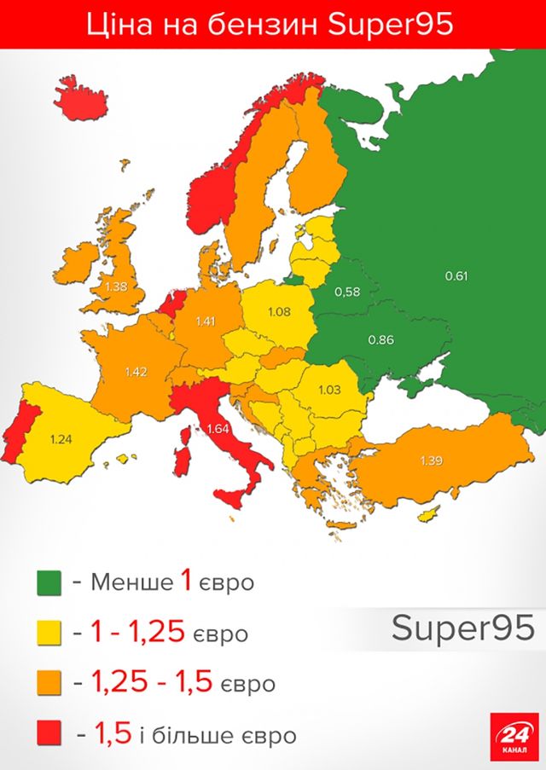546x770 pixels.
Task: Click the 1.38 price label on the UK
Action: click(115, 287)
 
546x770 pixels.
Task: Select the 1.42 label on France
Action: click(136, 372)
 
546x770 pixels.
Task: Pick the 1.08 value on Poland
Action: click(279, 312)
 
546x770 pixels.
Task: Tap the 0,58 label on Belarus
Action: click(346, 292)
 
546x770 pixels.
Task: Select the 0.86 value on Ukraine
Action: click(380, 339)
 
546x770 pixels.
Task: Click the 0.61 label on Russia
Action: click(457, 275)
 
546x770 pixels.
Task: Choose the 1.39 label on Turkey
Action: click(432, 460)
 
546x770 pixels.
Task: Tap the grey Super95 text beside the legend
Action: click(462, 628)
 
